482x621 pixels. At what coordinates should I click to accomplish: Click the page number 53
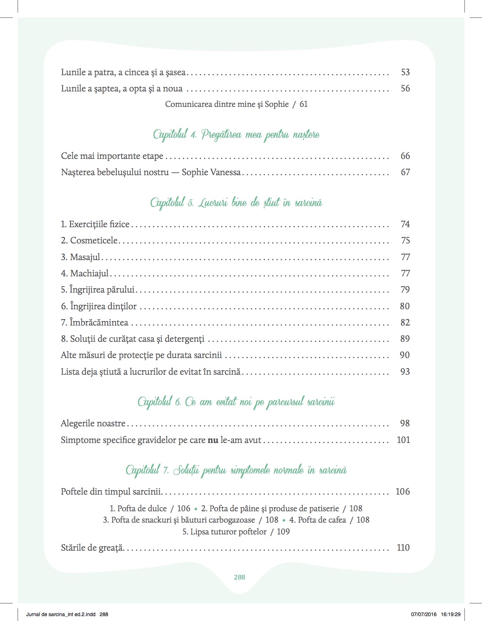[405, 72]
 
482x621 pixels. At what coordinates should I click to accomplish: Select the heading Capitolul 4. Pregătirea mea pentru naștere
[236, 135]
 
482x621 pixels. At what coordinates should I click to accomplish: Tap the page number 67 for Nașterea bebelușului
[405, 172]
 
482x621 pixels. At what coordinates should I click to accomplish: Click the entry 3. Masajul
[81, 257]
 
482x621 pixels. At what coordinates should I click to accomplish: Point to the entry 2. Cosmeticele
[89, 241]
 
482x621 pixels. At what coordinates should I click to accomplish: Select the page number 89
[405, 339]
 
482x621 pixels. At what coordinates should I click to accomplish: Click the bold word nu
[213, 440]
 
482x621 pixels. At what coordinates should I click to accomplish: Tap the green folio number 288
[240, 577]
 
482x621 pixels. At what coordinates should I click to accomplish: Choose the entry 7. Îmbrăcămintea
[94, 323]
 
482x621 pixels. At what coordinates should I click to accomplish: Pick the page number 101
[403, 440]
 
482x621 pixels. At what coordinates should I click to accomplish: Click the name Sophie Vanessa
[211, 172]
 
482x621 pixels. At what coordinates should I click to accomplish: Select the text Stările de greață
[92, 548]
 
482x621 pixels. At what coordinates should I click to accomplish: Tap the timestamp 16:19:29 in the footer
[450, 614]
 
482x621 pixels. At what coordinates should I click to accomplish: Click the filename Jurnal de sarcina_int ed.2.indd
[61, 614]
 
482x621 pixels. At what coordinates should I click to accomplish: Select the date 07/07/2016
[423, 614]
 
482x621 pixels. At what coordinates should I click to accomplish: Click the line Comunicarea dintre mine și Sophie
[227, 104]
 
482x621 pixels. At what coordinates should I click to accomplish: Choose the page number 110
[403, 548]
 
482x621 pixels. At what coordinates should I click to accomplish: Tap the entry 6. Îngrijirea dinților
[99, 306]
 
